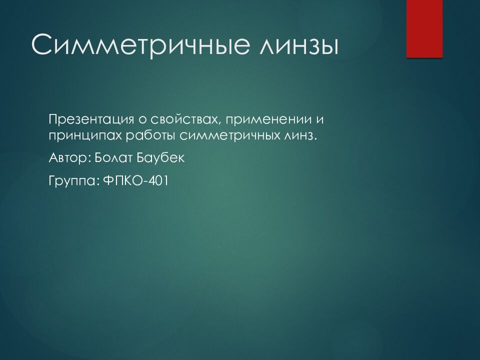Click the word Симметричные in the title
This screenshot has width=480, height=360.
tap(140, 45)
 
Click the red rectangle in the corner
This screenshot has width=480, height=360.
tap(424, 29)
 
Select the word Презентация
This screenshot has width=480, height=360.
tap(91, 120)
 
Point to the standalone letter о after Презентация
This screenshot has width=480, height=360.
tap(142, 120)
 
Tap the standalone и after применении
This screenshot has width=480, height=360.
tap(319, 120)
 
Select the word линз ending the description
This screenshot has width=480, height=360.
tap(297, 136)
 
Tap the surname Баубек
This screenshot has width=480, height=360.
tap(160, 157)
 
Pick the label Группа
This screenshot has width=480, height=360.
tap(72, 181)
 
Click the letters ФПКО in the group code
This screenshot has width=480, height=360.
tap(124, 180)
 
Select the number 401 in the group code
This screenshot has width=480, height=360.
tap(159, 180)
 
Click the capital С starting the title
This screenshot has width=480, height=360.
tap(41, 45)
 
